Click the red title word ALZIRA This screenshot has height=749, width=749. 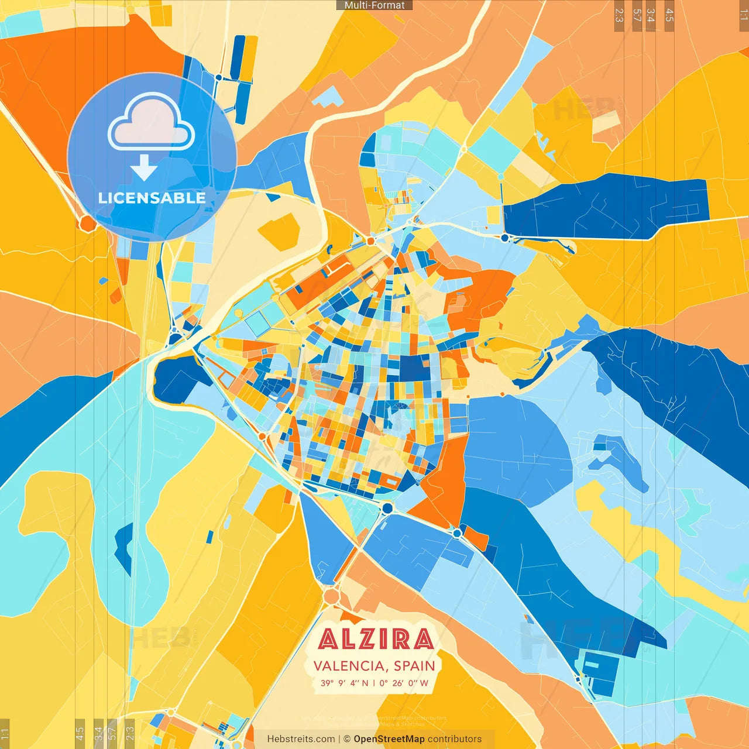pos(376,639)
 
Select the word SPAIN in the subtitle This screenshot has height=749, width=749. pos(414,666)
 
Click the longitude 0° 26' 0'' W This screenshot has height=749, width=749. pos(404,683)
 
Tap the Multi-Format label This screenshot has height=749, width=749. pos(374,5)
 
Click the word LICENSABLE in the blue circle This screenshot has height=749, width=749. pos(152,198)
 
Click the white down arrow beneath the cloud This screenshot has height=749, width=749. pos(144,169)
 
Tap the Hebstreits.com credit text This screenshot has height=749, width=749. pos(301,739)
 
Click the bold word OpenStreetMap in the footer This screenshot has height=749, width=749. pos(389,739)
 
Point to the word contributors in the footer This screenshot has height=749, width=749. pos(455,739)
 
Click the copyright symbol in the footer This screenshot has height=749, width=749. pos(347,739)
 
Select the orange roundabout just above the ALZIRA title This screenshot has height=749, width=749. pos(331,596)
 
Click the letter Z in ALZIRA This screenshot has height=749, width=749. pos(370,639)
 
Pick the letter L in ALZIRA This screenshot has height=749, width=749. pos(350,639)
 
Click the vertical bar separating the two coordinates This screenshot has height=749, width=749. pos(374,683)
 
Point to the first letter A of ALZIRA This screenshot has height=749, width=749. pos(329,639)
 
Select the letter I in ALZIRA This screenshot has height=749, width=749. pos(386,639)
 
